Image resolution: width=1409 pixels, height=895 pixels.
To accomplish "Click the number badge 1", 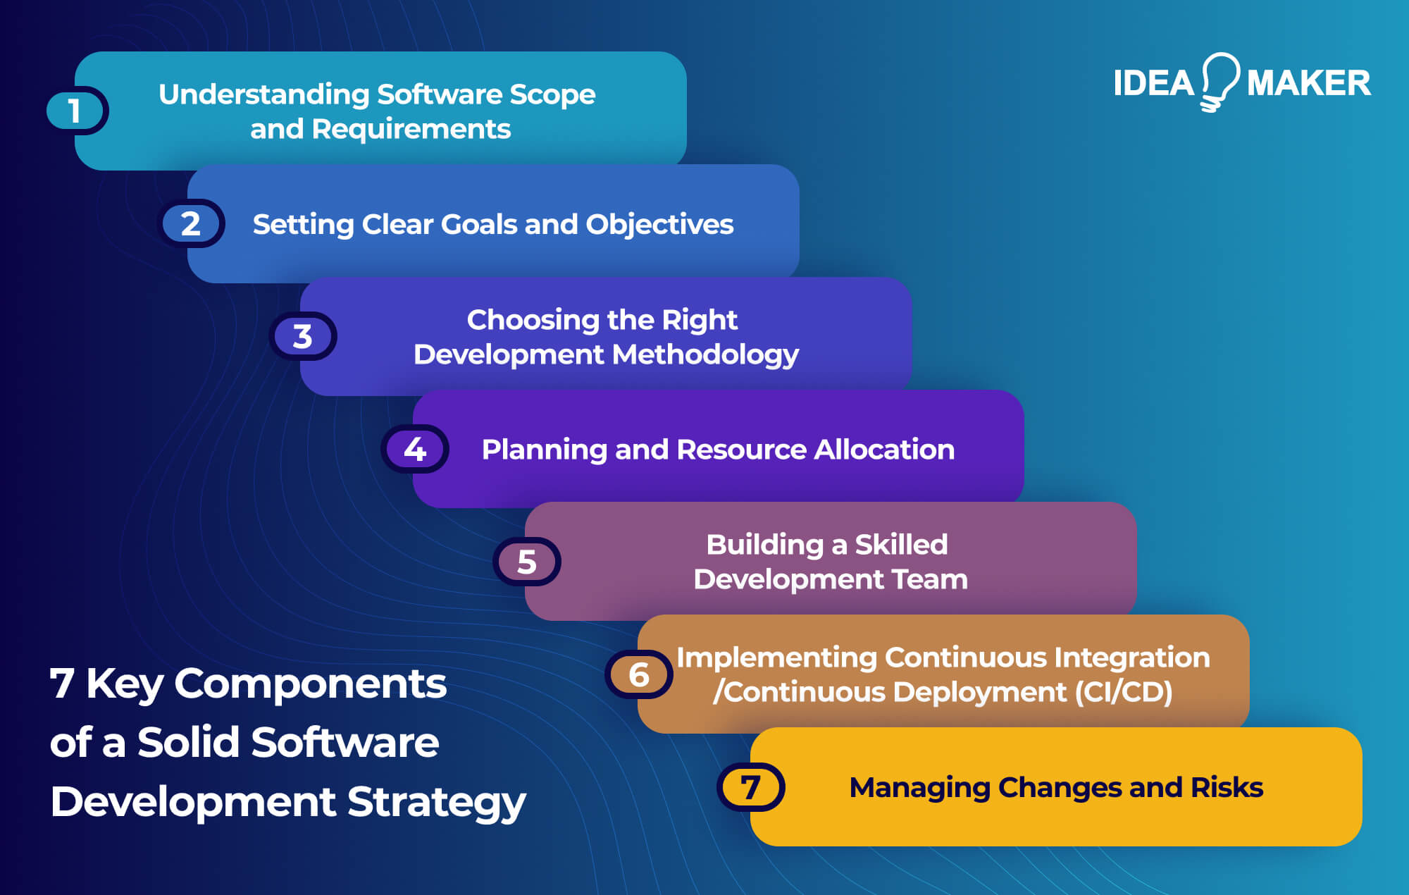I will [x=76, y=111].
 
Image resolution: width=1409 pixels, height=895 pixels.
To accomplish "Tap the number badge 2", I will [x=191, y=223].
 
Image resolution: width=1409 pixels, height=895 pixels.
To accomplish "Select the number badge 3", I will [x=303, y=336].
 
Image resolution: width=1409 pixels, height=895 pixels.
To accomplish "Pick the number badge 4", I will [x=415, y=449].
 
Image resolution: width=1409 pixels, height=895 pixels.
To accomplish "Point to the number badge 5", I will [x=527, y=562].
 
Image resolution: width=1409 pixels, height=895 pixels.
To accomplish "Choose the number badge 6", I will [x=639, y=674].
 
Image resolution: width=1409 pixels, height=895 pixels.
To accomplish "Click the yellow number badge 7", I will [x=751, y=787].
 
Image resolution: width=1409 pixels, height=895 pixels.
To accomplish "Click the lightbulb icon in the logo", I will [x=1219, y=81].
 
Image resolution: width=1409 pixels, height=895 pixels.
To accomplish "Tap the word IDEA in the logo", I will [x=1153, y=83].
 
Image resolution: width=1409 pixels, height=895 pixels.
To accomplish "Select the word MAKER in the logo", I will [x=1308, y=83].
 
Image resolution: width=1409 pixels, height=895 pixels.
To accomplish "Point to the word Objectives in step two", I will [x=659, y=224].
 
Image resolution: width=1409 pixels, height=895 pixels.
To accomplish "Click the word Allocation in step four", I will [x=884, y=450].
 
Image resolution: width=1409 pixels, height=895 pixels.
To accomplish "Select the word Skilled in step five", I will [x=901, y=545].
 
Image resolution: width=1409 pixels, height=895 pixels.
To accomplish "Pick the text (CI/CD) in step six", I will [x=1124, y=692].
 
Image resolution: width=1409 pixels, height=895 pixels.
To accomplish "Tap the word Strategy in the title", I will [x=436, y=803].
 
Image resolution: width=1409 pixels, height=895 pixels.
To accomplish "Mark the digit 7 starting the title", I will [x=62, y=684].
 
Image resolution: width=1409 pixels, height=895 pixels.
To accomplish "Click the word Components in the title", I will [x=310, y=684].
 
